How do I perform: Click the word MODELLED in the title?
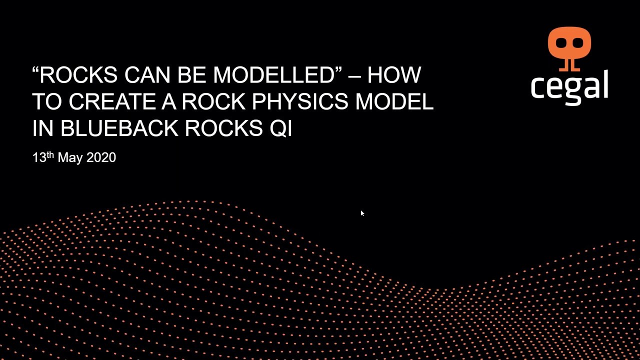coord(273,75)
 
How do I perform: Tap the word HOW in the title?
coord(394,75)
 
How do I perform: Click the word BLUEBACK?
coord(119,128)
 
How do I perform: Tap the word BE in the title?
coord(193,75)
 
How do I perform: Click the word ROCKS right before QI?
coord(221,128)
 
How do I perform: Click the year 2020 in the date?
coord(101,157)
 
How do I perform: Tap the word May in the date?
coord(70,157)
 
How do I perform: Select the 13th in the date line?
coord(43,157)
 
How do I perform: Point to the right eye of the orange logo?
coord(577,43)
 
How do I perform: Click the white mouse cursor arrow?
coord(362,213)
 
